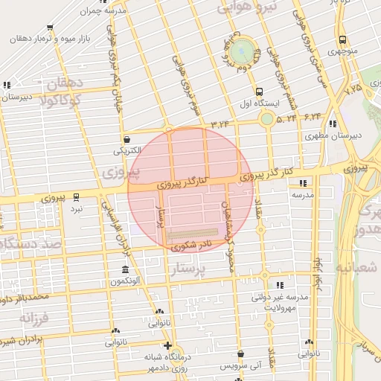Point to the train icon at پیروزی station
pos(77,197)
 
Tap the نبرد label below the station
pos(77,210)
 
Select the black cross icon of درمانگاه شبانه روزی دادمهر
pos(168,346)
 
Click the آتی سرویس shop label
pos(240,367)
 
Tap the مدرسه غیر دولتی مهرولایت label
pos(281,302)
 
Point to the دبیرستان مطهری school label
pos(332,136)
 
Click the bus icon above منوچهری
pos(342,40)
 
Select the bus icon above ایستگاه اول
pos(259,92)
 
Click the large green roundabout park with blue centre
pos(240,51)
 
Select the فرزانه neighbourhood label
pos(34,318)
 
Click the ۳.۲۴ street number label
pos(220,123)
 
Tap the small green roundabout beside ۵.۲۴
pos(266,118)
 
